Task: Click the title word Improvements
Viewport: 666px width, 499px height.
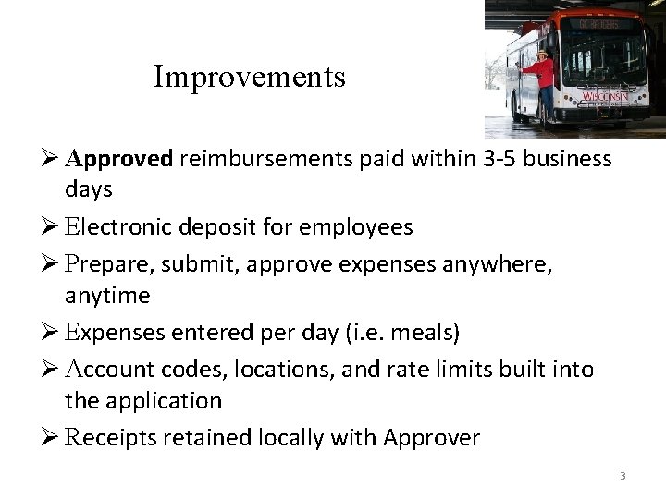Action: pyautogui.click(x=250, y=77)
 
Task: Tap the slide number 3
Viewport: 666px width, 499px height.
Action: pyautogui.click(x=623, y=477)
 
